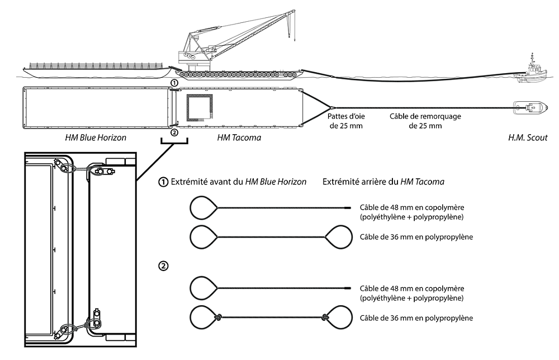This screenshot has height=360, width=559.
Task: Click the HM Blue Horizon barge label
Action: [95, 138]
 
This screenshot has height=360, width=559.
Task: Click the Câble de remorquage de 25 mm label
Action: [419, 122]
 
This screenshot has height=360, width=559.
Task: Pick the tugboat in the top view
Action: [529, 107]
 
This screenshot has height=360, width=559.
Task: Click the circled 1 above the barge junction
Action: [174, 83]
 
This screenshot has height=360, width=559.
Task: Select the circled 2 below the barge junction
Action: [174, 132]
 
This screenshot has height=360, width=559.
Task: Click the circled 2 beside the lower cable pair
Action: [163, 266]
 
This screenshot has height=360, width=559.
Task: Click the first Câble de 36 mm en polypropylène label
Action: [416, 237]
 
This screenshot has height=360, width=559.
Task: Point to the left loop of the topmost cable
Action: [202, 208]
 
